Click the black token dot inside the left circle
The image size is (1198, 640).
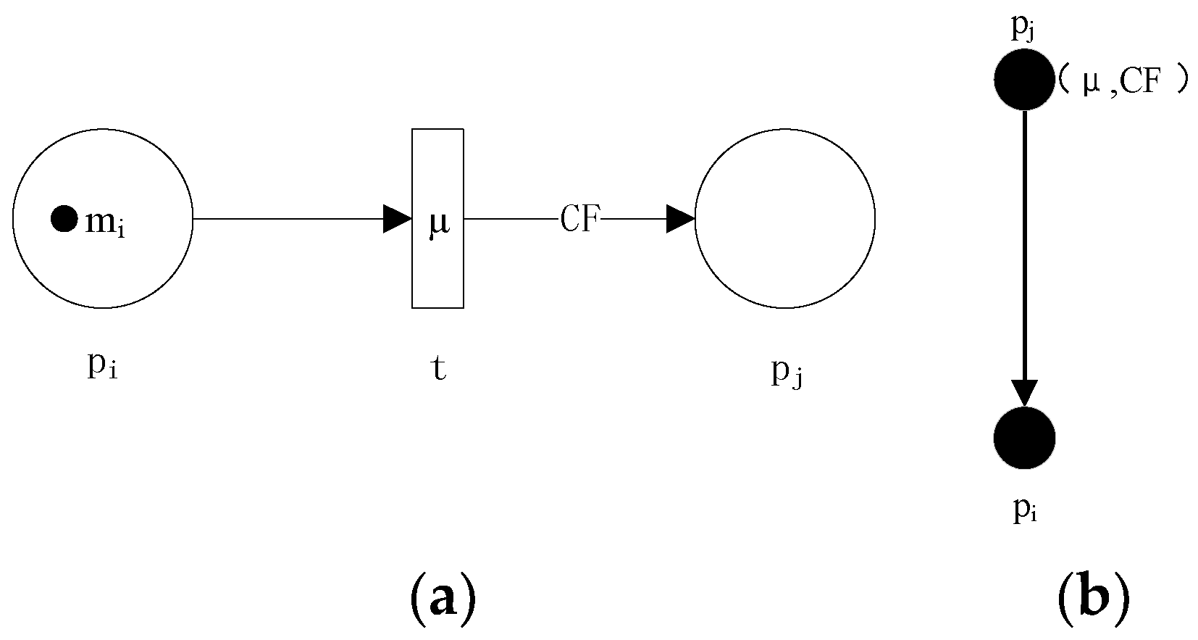pyautogui.click(x=64, y=218)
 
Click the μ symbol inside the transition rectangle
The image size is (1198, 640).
pyautogui.click(x=438, y=223)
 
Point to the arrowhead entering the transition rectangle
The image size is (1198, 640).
pyautogui.click(x=398, y=219)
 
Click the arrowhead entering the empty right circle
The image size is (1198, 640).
pyautogui.click(x=681, y=219)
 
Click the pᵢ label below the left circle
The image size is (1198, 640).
pyautogui.click(x=103, y=367)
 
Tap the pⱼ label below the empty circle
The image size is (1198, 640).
pyautogui.click(x=787, y=373)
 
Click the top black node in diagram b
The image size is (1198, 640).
pyautogui.click(x=1024, y=80)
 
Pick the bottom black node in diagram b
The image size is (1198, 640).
pyautogui.click(x=1024, y=439)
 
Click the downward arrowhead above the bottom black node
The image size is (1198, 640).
pyautogui.click(x=1024, y=394)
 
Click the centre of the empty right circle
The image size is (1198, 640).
pyautogui.click(x=785, y=218)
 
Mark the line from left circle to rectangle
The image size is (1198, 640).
pyautogui.click(x=290, y=219)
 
